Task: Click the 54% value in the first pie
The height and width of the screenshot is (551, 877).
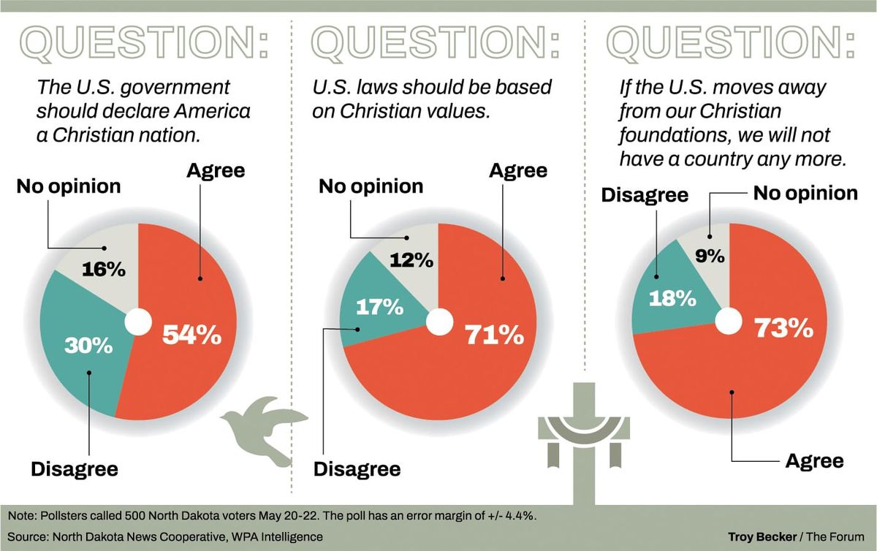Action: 191,335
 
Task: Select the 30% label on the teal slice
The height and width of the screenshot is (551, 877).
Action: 89,345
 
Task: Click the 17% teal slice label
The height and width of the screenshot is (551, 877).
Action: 379,307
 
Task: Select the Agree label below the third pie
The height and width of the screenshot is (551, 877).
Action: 814,461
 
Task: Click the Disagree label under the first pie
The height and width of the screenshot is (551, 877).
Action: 74,468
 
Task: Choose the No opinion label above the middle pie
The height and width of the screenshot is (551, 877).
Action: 371,186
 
